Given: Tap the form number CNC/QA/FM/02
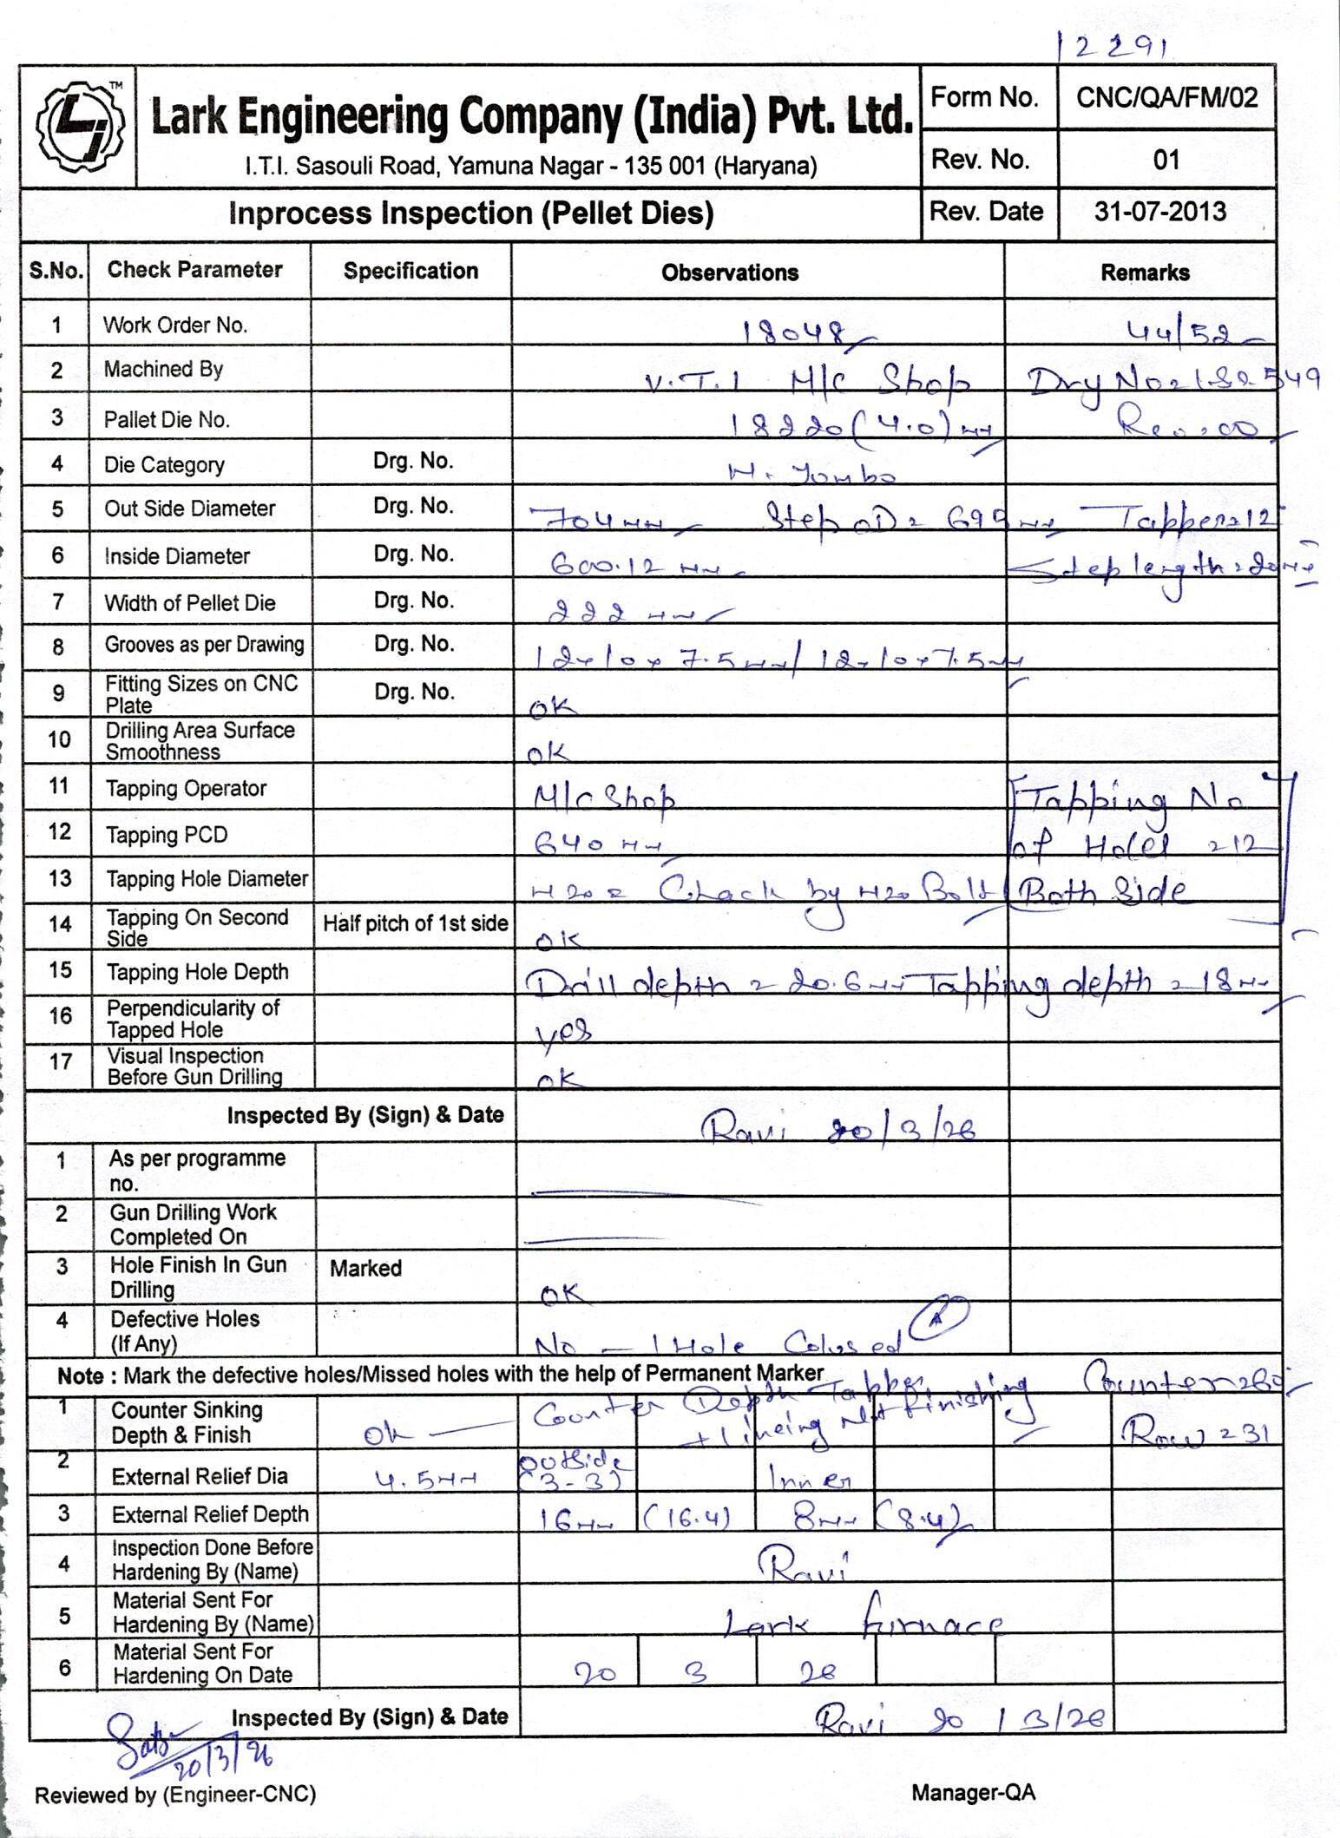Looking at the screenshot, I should [x=1166, y=97].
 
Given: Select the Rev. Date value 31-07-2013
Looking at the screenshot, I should [x=1160, y=212].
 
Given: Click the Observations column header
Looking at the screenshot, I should [x=730, y=272].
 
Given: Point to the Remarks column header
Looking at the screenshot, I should [x=1145, y=272].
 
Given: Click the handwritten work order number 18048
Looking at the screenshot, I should [x=797, y=331].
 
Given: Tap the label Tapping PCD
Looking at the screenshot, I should [x=167, y=835].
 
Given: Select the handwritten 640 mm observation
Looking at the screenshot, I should [x=598, y=844].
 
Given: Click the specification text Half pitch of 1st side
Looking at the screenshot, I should [x=415, y=923].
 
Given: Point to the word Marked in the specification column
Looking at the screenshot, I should [x=365, y=1268].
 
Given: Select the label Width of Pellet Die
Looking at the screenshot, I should [x=190, y=602].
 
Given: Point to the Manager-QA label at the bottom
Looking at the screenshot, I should [x=973, y=1793].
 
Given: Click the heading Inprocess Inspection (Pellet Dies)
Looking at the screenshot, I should [x=470, y=213].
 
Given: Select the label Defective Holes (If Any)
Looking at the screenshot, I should [x=185, y=1330].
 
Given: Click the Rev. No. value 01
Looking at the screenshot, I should [x=1166, y=160].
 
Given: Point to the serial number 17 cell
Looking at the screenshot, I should [x=60, y=1062].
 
